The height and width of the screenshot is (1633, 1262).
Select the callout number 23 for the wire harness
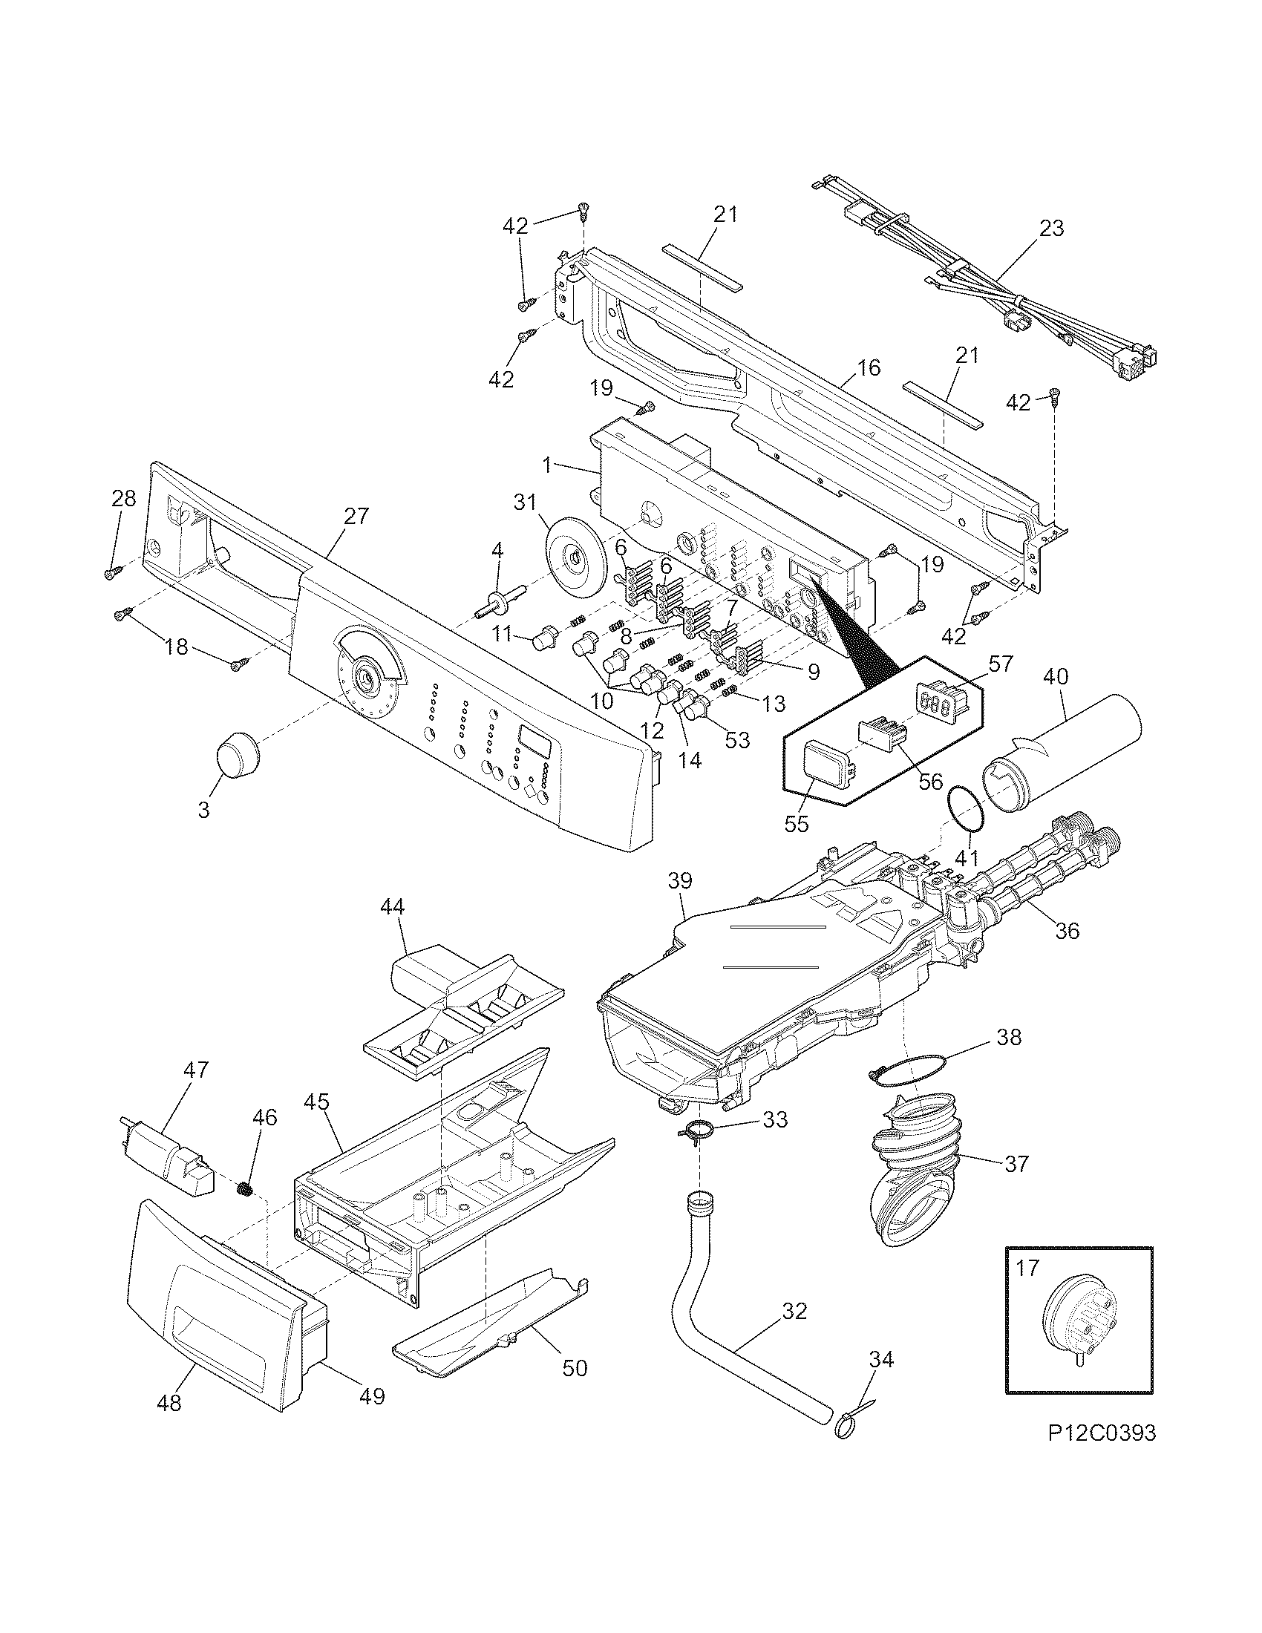(x=1050, y=229)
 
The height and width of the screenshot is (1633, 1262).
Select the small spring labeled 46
(x=243, y=1188)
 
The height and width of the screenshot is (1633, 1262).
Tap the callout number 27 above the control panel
(x=356, y=516)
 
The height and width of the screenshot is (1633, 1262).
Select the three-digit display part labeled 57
(x=942, y=703)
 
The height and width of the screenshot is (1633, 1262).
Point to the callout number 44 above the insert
(x=391, y=907)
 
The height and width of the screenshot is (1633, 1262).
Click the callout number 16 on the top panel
(x=869, y=368)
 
